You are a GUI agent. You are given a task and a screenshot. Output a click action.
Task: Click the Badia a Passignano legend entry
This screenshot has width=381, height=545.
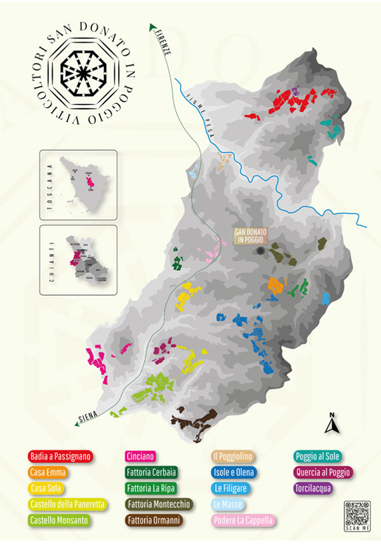tap(60, 456)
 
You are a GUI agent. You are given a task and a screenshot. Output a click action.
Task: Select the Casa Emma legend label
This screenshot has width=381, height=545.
tap(48, 473)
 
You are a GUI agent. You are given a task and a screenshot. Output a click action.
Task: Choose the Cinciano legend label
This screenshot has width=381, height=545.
tap(141, 456)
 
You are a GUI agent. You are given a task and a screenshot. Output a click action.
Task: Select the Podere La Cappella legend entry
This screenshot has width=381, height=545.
tap(244, 520)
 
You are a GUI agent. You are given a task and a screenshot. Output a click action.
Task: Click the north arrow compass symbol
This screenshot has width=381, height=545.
tap(332, 424)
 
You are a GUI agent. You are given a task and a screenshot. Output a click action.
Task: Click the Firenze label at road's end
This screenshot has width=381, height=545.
tap(162, 43)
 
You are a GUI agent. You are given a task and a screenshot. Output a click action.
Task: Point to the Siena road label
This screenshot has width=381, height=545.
tap(88, 416)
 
